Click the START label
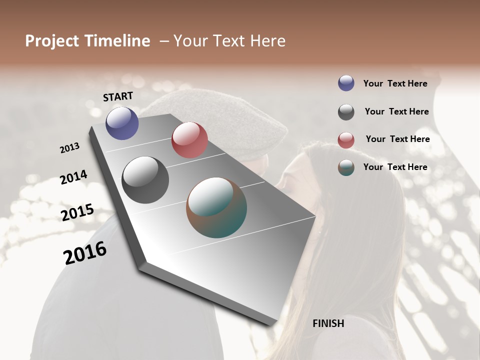coord(118,96)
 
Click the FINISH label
coord(328,323)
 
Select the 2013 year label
coord(69,148)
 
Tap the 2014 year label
coord(73,177)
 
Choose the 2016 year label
coord(85,253)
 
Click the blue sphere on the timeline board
coord(122,123)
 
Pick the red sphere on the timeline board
coord(189,140)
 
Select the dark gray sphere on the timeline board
coord(145,180)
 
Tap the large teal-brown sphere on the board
coord(216,207)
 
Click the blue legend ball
coord(346,83)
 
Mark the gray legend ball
coord(346,112)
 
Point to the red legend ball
coord(346,140)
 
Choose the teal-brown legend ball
coord(346,167)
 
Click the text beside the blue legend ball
coord(395,83)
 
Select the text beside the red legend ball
coord(397,139)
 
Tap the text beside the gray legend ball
coord(396,111)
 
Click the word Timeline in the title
coord(117,41)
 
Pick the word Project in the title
coord(52,41)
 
